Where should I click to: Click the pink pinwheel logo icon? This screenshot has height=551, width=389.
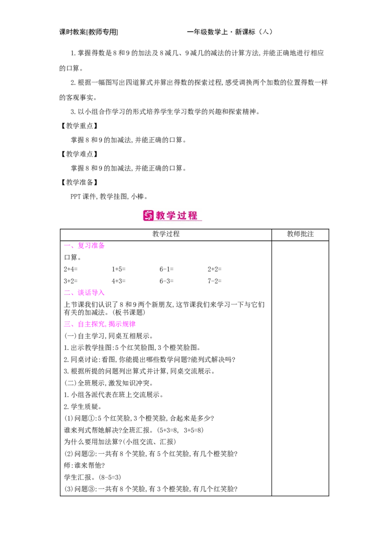tap(148, 215)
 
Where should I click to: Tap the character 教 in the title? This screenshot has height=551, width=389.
tap(161, 215)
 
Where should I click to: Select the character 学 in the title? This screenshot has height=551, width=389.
tap(172, 215)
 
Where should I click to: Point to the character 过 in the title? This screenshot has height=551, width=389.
tap(182, 215)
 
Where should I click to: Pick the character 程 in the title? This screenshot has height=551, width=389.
tap(193, 215)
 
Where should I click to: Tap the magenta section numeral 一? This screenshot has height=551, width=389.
tap(67, 247)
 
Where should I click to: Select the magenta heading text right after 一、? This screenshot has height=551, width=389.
tap(91, 247)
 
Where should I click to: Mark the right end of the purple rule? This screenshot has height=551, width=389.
tap(267, 247)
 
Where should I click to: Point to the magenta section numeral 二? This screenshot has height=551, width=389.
tap(67, 293)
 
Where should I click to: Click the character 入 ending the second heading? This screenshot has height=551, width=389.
tap(102, 293)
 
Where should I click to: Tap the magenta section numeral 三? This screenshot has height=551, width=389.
tap(67, 324)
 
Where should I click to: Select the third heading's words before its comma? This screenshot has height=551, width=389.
tap(91, 324)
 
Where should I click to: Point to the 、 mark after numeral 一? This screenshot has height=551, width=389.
tap(73, 248)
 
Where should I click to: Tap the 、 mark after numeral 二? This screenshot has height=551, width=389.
tap(73, 294)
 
